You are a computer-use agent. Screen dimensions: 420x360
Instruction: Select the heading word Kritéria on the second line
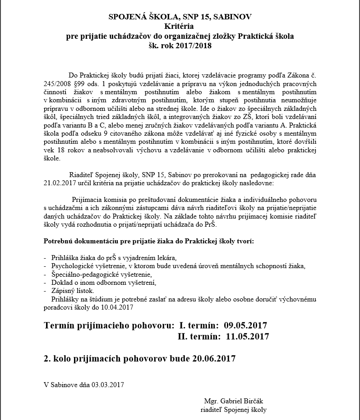180,27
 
